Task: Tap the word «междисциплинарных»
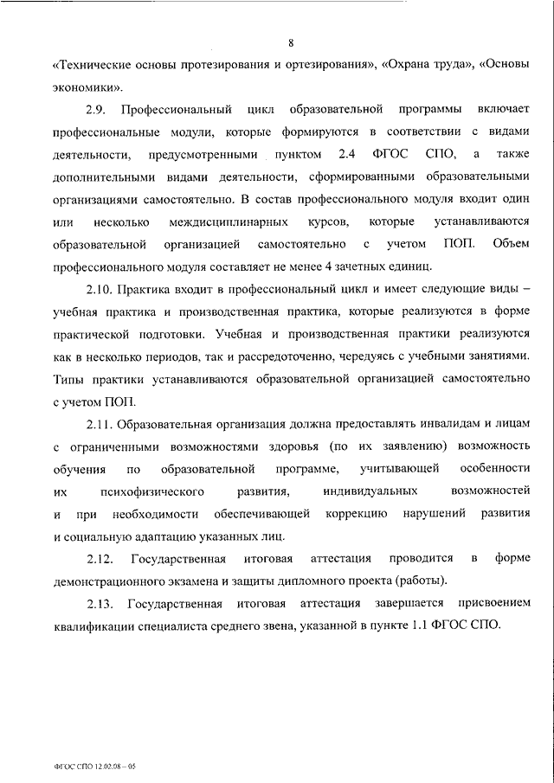[218, 222]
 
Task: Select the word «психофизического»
[152, 491]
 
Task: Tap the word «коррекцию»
[357, 514]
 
